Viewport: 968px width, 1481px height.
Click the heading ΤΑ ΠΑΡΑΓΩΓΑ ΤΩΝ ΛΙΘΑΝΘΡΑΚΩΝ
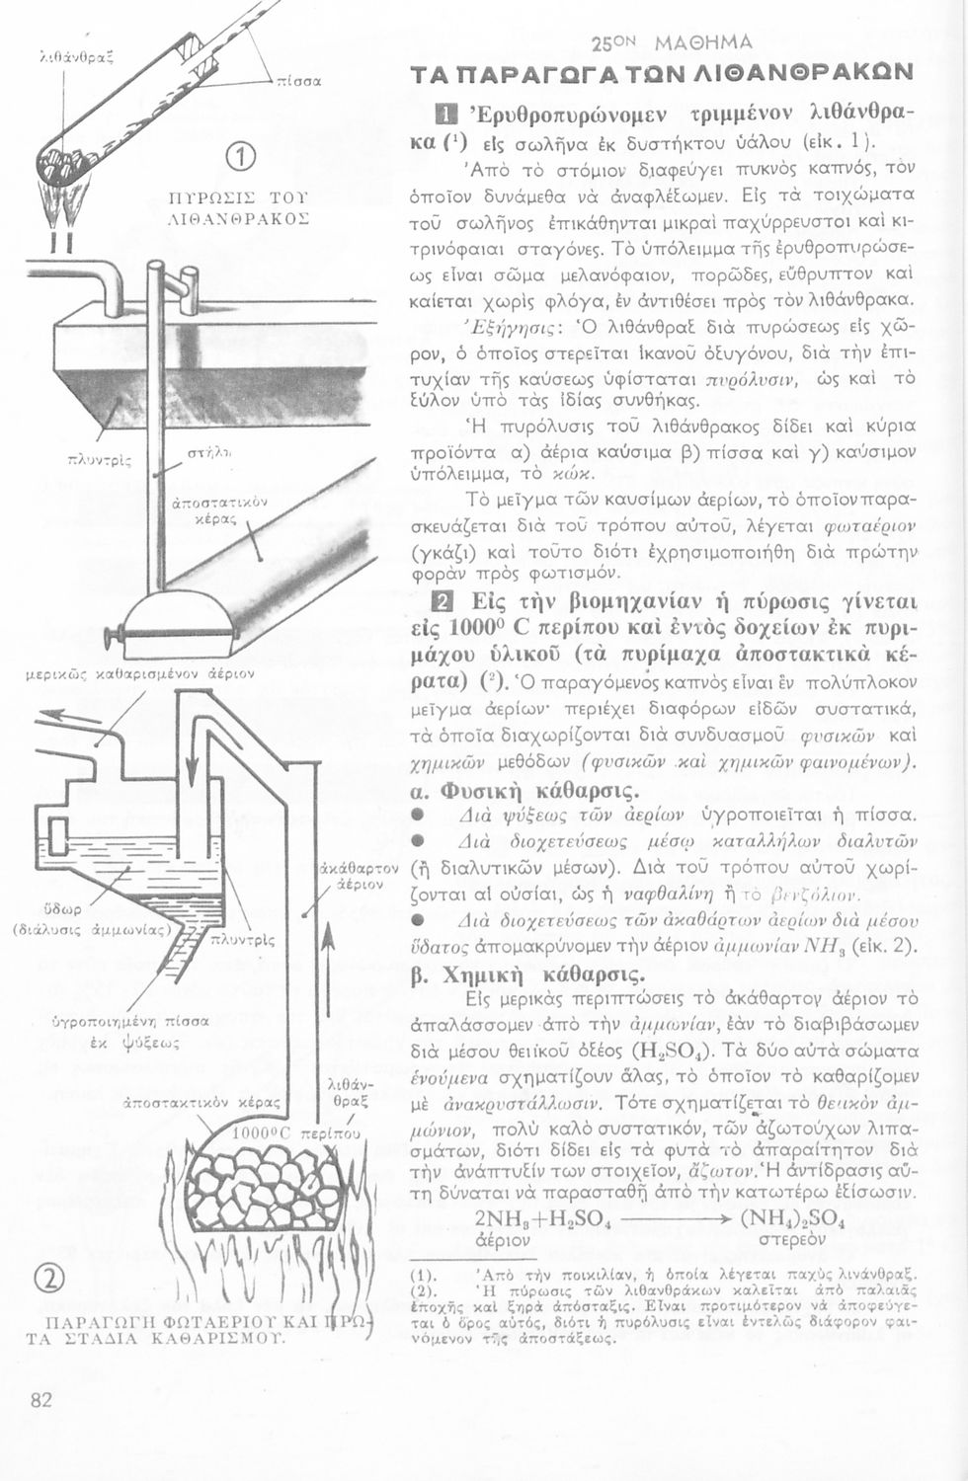[x=662, y=75]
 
